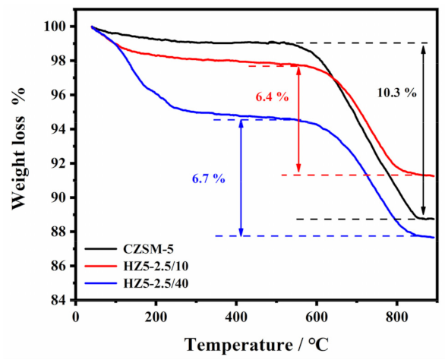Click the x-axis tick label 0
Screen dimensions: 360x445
pyautogui.click(x=75, y=315)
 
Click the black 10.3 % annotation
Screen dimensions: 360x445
pyautogui.click(x=396, y=93)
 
